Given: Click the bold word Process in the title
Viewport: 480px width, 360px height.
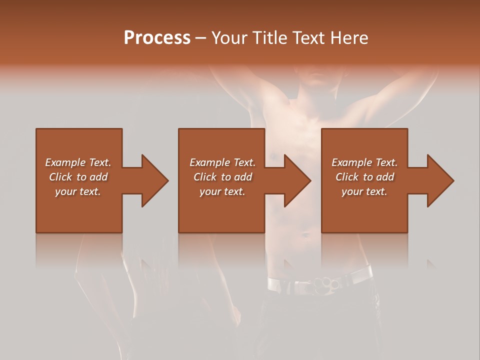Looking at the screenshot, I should click(157, 38).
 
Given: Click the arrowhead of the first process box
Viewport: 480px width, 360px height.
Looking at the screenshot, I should click(153, 180).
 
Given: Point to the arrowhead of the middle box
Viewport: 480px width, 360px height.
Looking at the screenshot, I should click(296, 180).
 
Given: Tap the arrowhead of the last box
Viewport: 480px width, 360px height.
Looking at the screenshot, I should click(439, 180).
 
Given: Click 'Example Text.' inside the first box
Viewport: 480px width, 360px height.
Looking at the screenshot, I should click(78, 162).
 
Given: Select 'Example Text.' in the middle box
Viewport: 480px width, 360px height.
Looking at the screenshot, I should click(222, 162).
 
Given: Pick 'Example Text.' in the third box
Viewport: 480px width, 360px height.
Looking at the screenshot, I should click(364, 162).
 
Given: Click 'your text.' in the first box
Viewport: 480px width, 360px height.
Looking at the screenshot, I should click(78, 191).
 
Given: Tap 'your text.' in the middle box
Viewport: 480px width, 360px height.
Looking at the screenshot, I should click(222, 191).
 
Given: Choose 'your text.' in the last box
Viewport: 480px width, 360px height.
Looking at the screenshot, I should click(364, 191).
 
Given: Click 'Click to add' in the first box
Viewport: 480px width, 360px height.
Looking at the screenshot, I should click(78, 177).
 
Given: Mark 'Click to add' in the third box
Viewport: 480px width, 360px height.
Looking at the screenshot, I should click(364, 177).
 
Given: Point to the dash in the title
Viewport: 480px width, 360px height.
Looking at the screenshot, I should click(200, 38).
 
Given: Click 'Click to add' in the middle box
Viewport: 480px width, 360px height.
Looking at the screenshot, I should click(222, 177).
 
